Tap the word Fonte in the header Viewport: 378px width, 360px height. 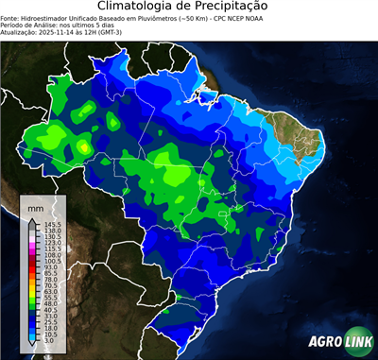10,17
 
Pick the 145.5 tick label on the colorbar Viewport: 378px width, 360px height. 52,223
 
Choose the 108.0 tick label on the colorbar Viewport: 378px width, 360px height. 52,255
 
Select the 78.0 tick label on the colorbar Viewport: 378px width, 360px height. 52,281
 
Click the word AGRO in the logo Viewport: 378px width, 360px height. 324,343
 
